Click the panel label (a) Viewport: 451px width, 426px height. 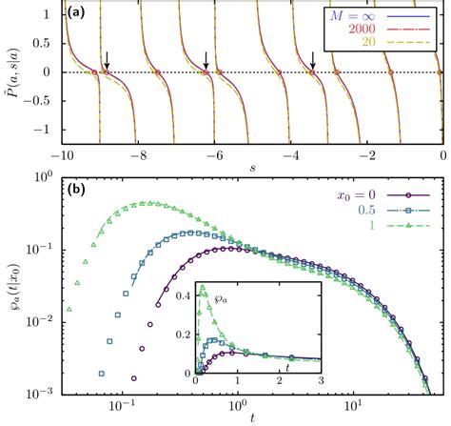click(x=79, y=14)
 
